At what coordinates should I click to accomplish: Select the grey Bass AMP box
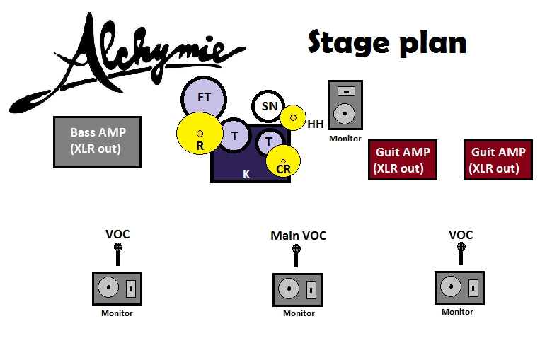97,142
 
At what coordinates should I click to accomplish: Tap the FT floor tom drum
204,97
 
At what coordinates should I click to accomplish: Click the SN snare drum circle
269,106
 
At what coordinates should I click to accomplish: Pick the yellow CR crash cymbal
283,162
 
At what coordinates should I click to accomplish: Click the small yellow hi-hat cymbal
292,117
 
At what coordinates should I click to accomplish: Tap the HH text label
316,124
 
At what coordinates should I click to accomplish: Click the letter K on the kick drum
246,173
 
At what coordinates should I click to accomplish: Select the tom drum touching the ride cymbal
234,135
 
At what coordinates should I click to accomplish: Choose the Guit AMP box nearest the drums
402,160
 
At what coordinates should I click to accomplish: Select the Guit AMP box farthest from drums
498,160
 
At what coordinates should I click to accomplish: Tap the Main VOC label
299,236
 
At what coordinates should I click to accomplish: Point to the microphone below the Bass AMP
117,253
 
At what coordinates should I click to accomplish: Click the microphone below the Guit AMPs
461,252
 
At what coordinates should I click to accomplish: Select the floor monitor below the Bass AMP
117,289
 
